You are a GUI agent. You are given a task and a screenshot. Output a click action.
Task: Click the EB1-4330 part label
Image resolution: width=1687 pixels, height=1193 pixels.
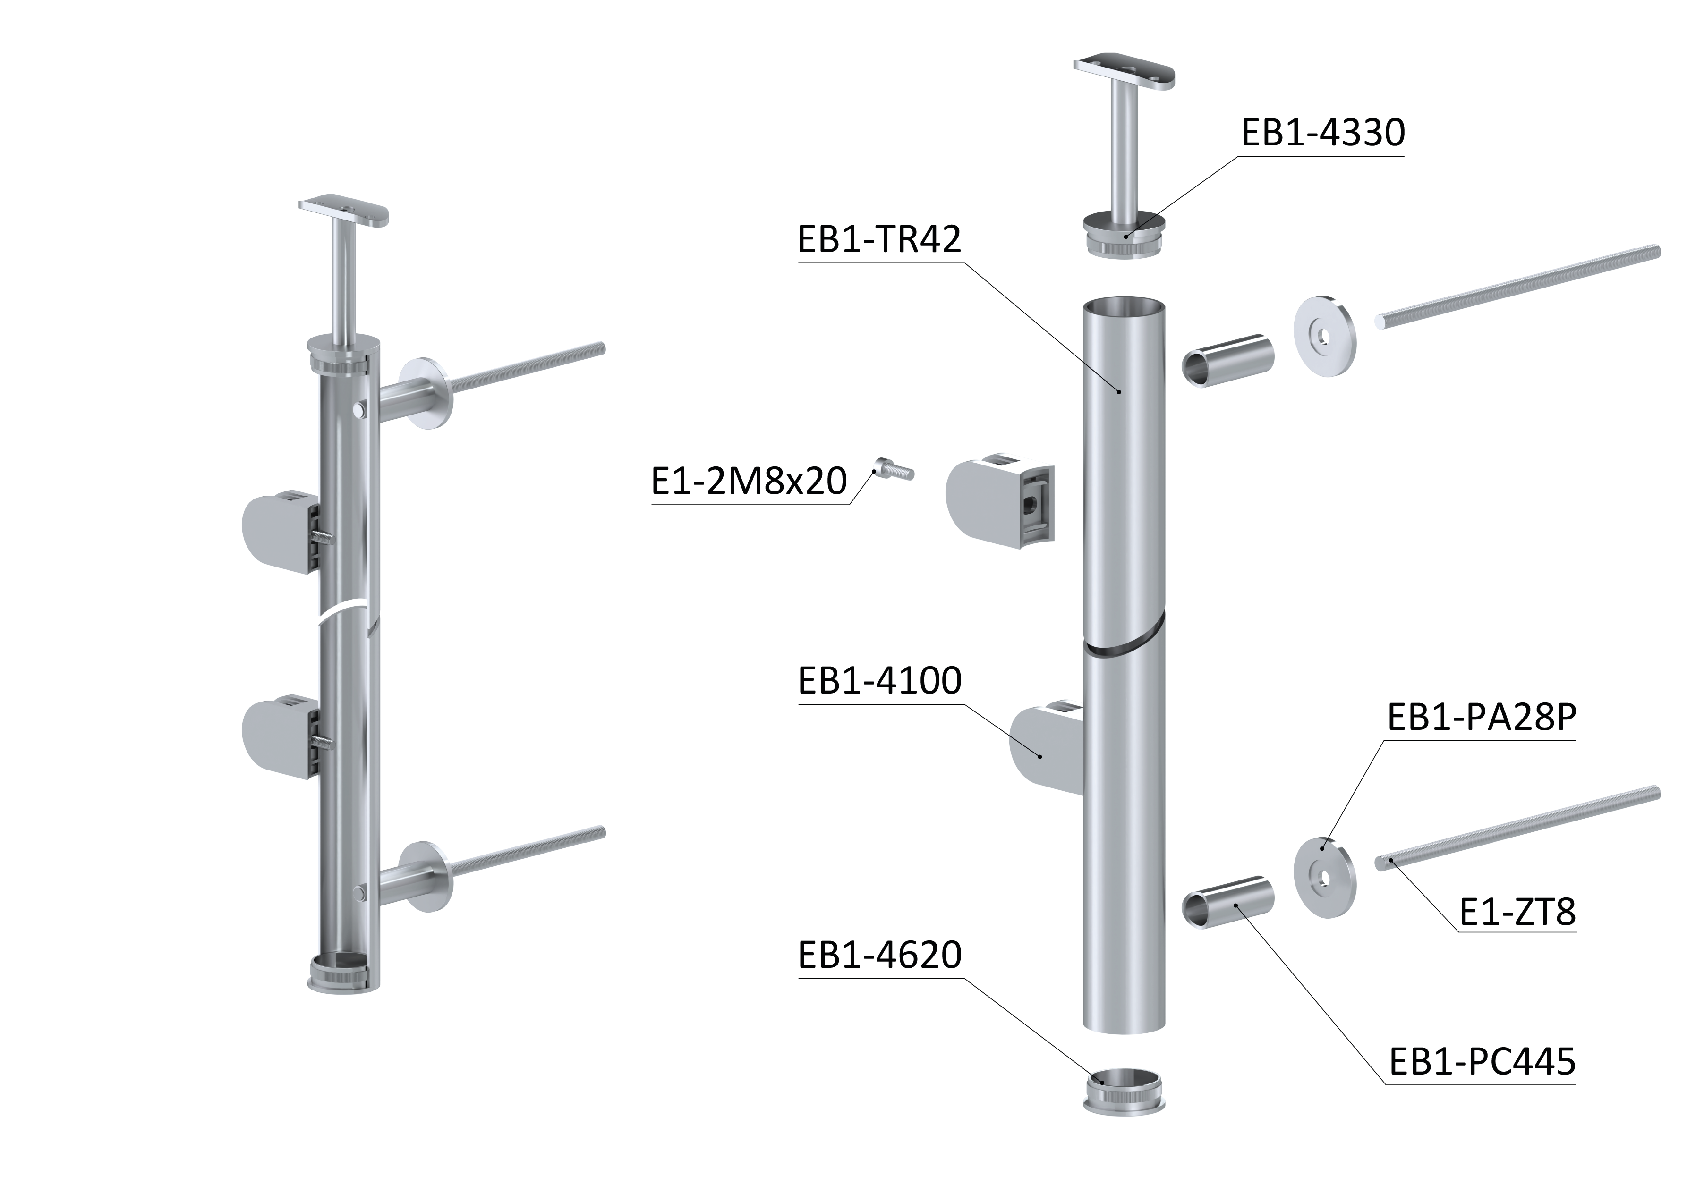point(1322,133)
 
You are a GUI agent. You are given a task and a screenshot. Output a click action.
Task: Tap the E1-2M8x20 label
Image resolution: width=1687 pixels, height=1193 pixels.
point(750,481)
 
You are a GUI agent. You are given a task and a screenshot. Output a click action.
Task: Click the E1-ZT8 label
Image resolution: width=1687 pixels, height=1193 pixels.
point(1518,913)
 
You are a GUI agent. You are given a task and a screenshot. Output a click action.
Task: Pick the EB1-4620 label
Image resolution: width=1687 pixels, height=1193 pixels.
point(879,955)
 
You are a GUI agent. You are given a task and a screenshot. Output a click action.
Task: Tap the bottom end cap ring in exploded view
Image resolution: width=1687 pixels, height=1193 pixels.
point(1124,1090)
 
